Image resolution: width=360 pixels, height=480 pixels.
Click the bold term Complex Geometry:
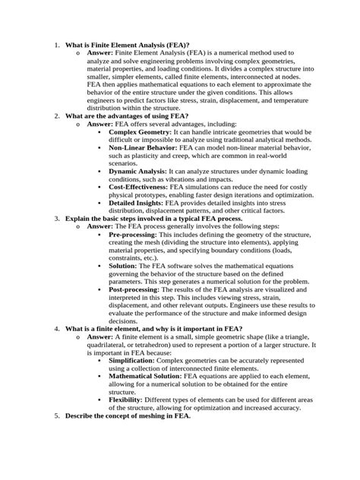point(140,131)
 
